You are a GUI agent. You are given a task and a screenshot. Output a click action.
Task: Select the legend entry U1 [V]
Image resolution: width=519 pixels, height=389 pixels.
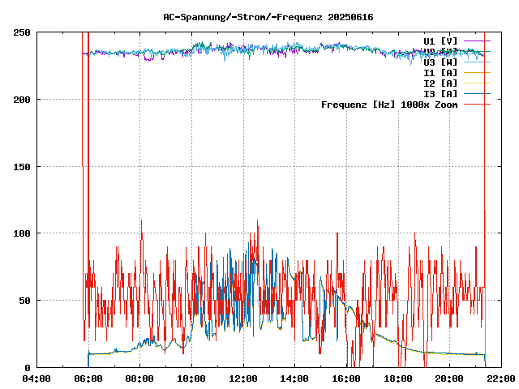pos(440,41)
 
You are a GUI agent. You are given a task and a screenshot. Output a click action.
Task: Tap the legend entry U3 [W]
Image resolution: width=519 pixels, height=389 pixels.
pos(440,62)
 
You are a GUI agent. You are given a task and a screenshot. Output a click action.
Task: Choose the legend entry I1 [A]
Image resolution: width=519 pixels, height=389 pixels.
pos(440,72)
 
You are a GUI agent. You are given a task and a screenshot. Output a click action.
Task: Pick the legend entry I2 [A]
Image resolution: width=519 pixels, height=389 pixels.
pos(440,83)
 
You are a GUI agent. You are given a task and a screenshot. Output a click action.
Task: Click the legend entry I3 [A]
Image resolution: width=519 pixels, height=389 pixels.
pos(440,93)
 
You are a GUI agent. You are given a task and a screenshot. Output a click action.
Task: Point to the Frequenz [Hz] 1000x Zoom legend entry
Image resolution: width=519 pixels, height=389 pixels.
pos(389,104)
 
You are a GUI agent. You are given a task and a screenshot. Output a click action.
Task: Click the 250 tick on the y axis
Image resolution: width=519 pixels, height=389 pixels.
pos(23,32)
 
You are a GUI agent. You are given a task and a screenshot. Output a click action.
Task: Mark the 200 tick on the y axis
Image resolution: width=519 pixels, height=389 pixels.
pos(23,100)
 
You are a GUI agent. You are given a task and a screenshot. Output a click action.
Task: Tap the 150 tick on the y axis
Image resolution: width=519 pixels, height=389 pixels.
pos(23,167)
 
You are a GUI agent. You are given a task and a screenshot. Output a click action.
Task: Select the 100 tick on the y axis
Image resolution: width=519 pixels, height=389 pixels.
pos(23,233)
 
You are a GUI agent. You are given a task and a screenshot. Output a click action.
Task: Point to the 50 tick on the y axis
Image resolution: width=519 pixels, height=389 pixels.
pos(25,301)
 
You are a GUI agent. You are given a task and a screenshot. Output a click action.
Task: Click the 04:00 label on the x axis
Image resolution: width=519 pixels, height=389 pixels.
pos(36,378)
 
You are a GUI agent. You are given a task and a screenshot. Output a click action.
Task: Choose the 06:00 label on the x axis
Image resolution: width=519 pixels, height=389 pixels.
pos(88,378)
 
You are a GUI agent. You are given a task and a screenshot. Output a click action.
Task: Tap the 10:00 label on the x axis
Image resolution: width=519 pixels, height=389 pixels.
pos(191,378)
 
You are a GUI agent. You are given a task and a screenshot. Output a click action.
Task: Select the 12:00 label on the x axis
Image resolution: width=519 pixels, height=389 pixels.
pos(243,378)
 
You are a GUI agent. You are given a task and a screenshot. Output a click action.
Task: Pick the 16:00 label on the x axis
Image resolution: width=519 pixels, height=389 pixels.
pos(346,378)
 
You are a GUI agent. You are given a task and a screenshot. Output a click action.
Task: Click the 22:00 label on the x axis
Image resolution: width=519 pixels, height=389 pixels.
pos(500,378)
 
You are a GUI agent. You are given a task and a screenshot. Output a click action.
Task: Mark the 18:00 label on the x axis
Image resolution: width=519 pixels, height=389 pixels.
pos(398,378)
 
